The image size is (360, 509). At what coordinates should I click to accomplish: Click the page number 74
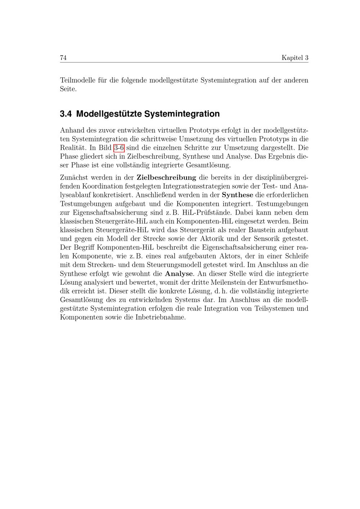point(63,58)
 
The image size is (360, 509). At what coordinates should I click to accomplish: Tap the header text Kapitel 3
point(295,58)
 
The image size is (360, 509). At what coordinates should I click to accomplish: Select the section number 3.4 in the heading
point(66,114)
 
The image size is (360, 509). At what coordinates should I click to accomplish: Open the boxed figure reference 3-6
point(119,148)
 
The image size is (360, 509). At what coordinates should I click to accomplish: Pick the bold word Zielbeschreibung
point(166,177)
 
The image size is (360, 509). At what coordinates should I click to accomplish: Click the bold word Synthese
point(237,195)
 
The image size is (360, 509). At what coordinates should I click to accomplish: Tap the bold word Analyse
point(179,274)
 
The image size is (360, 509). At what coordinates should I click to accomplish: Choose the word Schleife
point(297,256)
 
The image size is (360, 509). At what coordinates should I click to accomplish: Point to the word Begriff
point(83,248)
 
